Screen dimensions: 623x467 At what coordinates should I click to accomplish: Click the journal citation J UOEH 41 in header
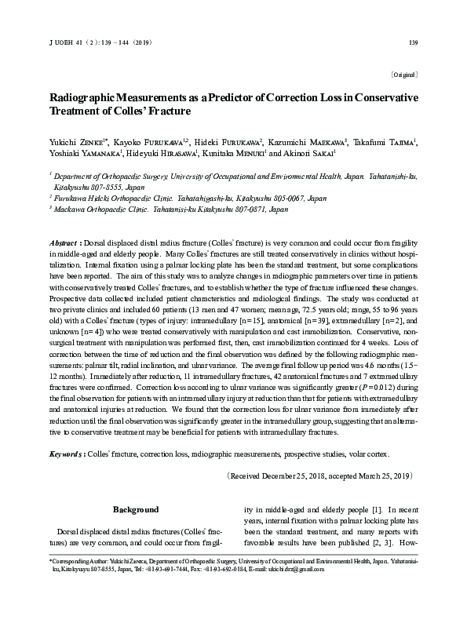[x=65, y=42]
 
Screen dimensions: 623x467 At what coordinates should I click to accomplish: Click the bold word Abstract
[x=64, y=244]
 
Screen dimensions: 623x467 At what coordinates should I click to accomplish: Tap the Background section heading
[x=137, y=509]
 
